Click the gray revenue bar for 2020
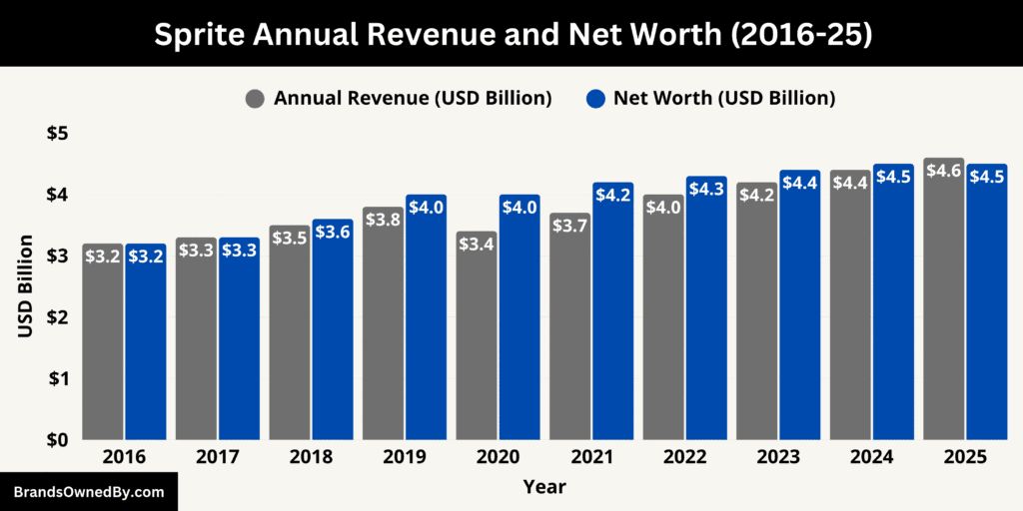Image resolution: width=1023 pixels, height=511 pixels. click(477, 349)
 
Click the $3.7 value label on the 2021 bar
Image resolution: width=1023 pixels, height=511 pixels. click(569, 228)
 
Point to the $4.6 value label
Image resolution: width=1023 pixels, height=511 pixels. click(944, 171)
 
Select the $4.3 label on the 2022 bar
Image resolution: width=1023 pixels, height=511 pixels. click(706, 189)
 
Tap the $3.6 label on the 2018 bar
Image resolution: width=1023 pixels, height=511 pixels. click(333, 232)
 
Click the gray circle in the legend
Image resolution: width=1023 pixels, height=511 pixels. click(256, 99)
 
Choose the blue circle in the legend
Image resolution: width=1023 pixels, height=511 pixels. click(595, 99)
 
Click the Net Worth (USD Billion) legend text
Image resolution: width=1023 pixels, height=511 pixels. click(723, 98)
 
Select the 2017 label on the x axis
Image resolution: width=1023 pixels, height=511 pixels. click(217, 457)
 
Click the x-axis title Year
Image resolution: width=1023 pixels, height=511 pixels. click(544, 487)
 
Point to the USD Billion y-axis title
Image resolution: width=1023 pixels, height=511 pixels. click(26, 285)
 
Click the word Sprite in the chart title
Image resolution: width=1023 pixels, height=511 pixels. click(199, 34)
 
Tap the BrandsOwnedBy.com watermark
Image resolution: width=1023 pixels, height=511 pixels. click(88, 492)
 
